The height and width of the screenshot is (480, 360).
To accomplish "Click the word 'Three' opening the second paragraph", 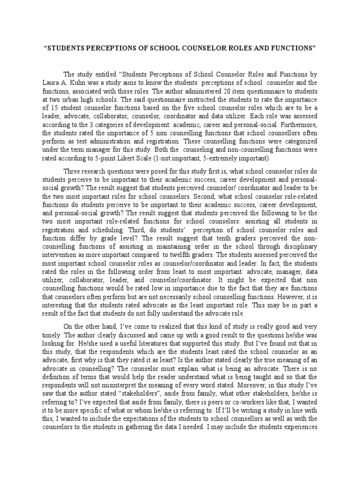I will tap(74, 171).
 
